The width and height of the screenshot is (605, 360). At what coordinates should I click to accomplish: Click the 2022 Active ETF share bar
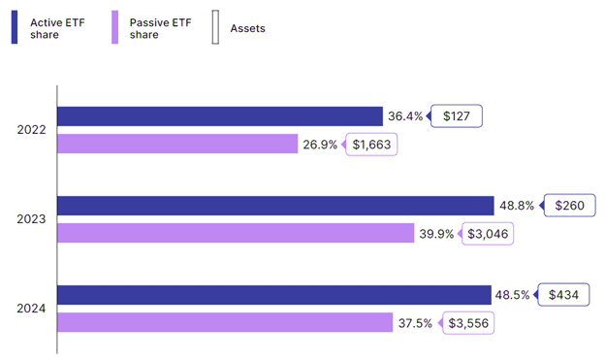220,116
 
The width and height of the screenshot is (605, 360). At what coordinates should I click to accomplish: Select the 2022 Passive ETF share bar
177,144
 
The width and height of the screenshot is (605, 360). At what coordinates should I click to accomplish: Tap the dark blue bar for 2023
275,206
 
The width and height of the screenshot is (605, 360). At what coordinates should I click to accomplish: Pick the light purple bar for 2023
236,233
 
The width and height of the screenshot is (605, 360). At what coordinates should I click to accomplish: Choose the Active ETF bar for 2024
274,295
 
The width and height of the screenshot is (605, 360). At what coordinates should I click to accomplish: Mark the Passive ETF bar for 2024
225,322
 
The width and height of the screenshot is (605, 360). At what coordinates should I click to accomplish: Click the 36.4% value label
405,116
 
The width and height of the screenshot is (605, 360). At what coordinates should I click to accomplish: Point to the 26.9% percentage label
320,145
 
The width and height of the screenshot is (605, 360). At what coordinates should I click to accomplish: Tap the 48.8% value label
517,206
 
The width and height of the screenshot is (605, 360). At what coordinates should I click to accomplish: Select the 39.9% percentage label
436,234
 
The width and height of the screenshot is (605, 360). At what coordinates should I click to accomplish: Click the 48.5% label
512,295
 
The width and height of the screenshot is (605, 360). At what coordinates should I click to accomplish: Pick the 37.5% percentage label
415,323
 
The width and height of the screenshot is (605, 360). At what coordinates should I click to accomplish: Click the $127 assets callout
456,115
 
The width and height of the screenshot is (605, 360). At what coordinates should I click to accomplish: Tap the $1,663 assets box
371,145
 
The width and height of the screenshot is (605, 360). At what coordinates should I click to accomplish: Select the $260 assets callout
569,205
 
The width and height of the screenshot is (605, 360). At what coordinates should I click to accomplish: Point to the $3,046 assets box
488,234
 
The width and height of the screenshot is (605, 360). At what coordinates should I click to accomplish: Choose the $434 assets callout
563,295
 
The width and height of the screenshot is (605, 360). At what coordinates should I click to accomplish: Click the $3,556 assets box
468,323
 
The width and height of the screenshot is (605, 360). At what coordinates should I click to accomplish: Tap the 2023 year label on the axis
31,219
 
